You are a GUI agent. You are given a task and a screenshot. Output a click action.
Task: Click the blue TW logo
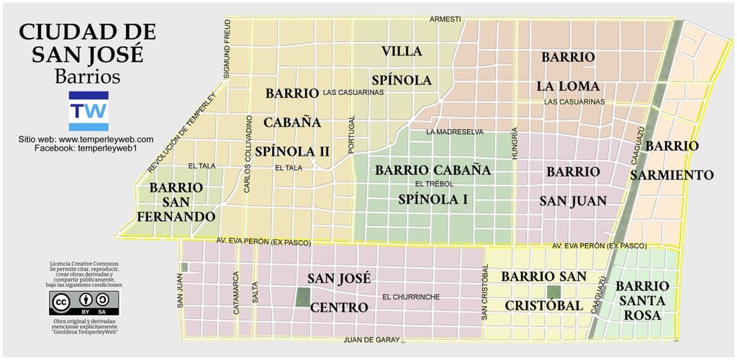point(88,110)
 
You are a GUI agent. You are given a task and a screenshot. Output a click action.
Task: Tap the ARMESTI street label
point(445,19)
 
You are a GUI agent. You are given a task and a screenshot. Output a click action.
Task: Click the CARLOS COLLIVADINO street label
point(248,153)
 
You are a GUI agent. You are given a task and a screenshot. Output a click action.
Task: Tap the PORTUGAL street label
point(352,135)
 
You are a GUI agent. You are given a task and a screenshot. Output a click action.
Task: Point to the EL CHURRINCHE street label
point(411,297)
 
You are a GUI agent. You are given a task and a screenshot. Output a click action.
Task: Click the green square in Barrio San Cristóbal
point(553,292)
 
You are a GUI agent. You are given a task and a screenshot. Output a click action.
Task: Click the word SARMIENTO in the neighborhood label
point(672,175)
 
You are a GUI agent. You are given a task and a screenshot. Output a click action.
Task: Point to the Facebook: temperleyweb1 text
point(86,148)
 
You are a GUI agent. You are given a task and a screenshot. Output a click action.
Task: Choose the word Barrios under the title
point(87,76)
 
